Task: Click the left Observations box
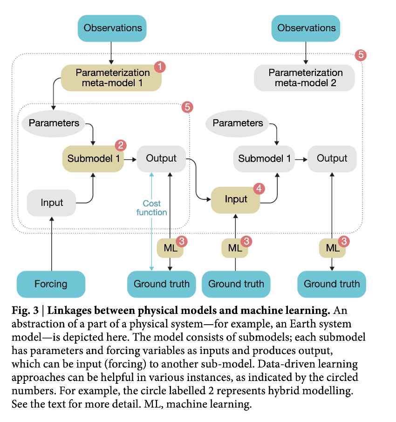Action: point(112,28)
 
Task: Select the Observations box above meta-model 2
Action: point(306,28)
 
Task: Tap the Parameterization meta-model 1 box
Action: point(112,78)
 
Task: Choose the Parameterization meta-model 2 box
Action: point(305,78)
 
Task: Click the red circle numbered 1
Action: point(160,67)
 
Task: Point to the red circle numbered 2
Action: point(120,145)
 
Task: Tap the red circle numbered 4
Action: point(259,189)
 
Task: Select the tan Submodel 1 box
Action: point(93,158)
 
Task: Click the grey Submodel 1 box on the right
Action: point(264,158)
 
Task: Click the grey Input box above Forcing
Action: point(51,203)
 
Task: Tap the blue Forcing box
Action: point(51,284)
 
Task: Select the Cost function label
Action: point(151,208)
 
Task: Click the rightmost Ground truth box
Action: point(332,284)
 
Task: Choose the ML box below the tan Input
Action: point(235,248)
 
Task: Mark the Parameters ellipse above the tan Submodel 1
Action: point(55,123)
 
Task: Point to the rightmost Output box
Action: point(332,158)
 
